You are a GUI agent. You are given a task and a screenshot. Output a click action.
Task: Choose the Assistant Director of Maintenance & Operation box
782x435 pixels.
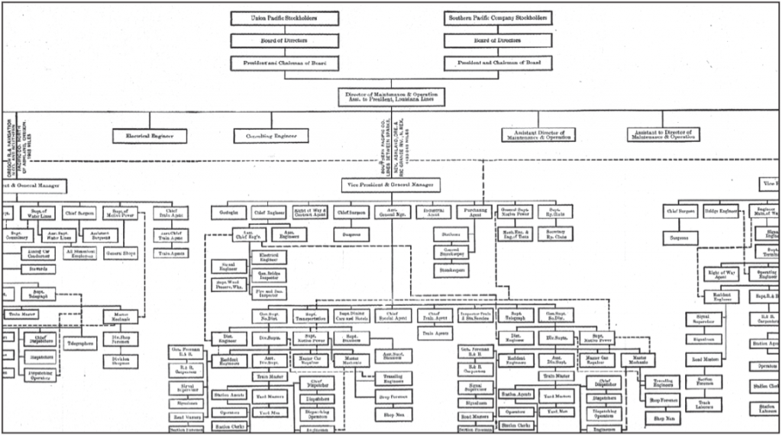pyautogui.click(x=539, y=135)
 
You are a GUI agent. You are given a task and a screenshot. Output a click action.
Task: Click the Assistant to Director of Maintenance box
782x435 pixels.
pyautogui.click(x=662, y=135)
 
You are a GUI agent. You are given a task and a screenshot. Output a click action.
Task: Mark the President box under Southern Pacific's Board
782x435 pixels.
pyautogui.click(x=497, y=64)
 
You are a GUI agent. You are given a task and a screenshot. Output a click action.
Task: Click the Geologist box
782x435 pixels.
pyautogui.click(x=228, y=212)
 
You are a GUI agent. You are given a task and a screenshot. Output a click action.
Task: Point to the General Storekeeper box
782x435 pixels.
pyautogui.click(x=452, y=252)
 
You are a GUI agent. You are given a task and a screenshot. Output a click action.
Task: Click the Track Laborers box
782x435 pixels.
pyautogui.click(x=703, y=404)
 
